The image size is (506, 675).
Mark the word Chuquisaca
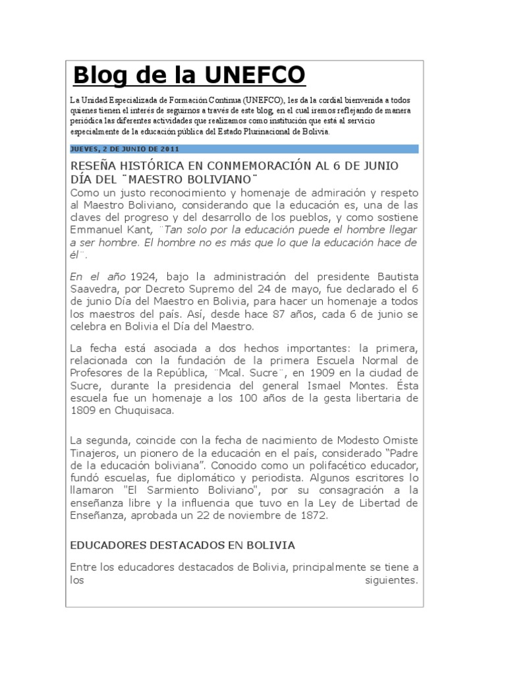144,411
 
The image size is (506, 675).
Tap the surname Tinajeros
96,453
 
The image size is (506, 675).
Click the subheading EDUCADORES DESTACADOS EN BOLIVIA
183,546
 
